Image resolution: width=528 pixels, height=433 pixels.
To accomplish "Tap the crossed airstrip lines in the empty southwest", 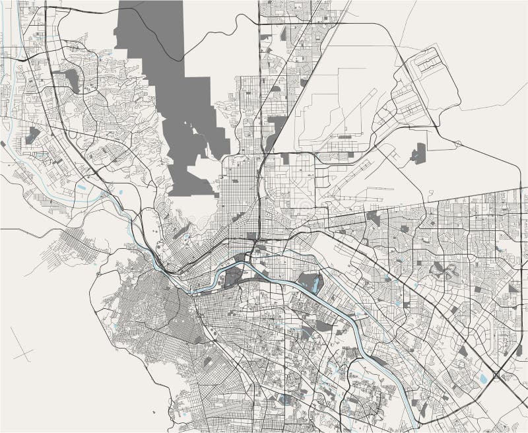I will [x=22, y=355].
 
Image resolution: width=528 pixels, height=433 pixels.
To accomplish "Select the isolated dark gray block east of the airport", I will [x=417, y=154].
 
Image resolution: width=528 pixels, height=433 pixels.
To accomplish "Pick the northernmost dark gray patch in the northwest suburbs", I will [x=71, y=81].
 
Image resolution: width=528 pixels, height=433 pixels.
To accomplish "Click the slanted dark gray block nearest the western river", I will [x=32, y=136].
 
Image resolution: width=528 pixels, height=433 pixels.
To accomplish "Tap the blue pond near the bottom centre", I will [x=284, y=399].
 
